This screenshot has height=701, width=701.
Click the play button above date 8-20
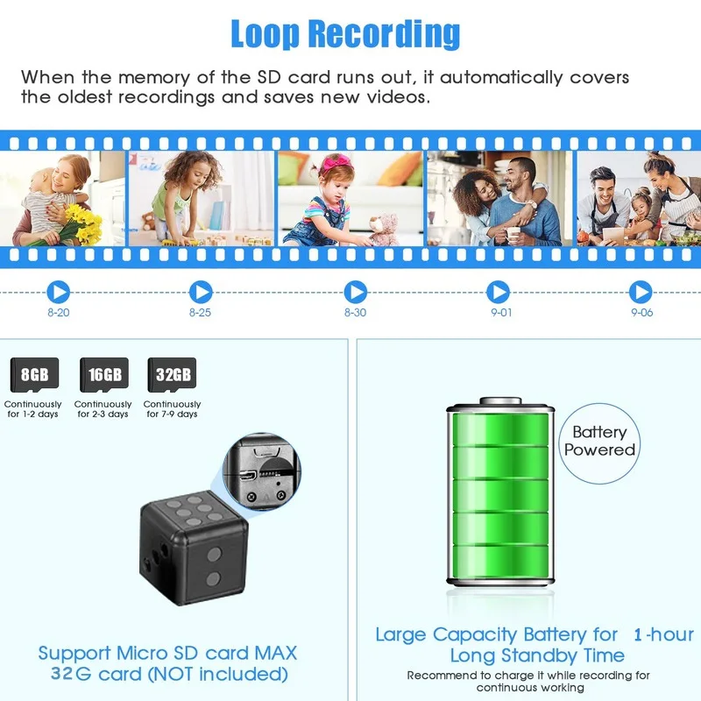pos(59,292)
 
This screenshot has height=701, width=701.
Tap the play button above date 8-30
pos(355,292)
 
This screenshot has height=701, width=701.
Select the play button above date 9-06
pos(641,292)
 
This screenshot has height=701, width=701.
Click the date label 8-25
pos(200,313)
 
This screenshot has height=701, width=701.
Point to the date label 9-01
pos(500,313)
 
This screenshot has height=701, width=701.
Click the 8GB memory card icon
pos(33,375)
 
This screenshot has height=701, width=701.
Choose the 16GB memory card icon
pos(103,375)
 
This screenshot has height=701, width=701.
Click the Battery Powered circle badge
pos(599,441)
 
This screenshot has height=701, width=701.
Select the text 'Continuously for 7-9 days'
pos(172,409)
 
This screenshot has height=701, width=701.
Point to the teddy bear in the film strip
pos(383,230)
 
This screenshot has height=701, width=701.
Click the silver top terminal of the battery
pos(499,402)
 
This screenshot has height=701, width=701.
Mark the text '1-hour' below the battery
pos(662,634)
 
